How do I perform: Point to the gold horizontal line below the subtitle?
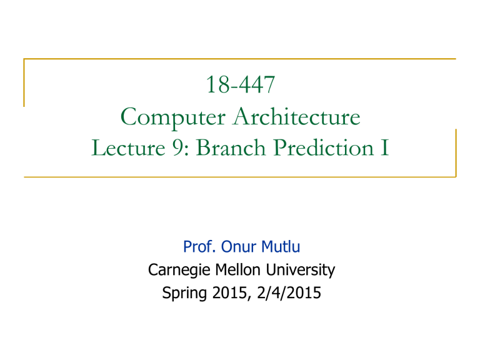click(x=239, y=177)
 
